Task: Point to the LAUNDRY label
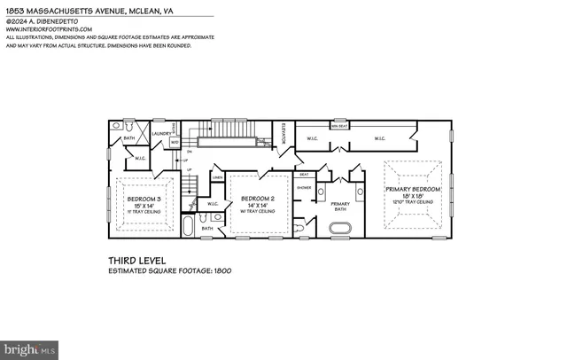click(161, 134)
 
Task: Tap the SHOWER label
click(304, 188)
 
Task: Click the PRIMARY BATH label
click(341, 206)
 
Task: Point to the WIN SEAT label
click(338, 126)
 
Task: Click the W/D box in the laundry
click(175, 141)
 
